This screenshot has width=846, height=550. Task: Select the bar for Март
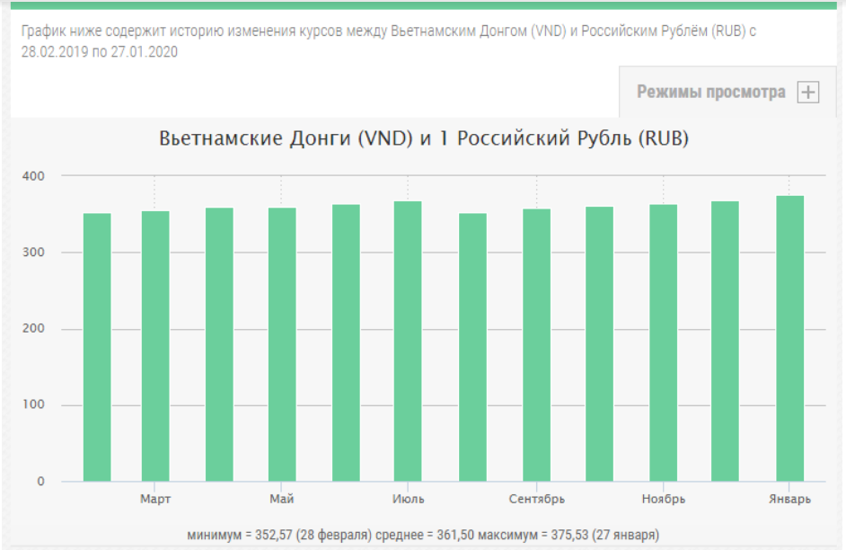pos(155,346)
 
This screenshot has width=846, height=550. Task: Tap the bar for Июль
pos(409,342)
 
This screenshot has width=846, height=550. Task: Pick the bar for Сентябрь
pos(536,345)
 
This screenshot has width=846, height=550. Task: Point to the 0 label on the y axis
pos(40,482)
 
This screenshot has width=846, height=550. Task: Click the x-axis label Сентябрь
pos(536,500)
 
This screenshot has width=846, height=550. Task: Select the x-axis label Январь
pos(790,500)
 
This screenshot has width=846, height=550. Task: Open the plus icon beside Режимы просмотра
pos(808,93)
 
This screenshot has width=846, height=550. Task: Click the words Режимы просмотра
pos(711,93)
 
